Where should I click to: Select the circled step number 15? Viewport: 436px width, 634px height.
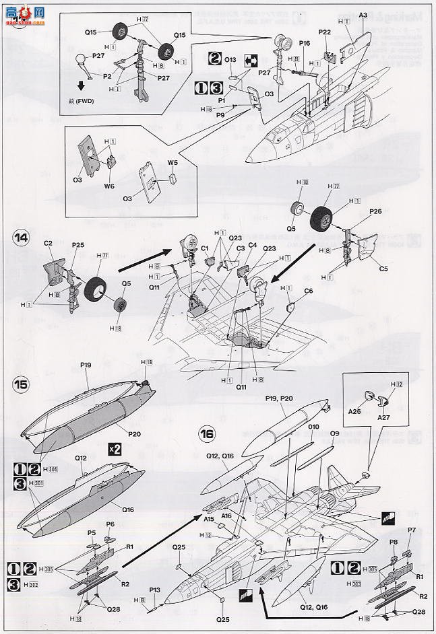[22, 384]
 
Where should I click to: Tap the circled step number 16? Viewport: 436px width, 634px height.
[206, 434]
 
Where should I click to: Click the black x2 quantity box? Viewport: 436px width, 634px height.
[115, 449]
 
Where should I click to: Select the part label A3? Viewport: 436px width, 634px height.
[363, 14]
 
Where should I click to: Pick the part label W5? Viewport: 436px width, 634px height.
[172, 162]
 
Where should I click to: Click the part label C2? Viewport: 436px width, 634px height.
[48, 243]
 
